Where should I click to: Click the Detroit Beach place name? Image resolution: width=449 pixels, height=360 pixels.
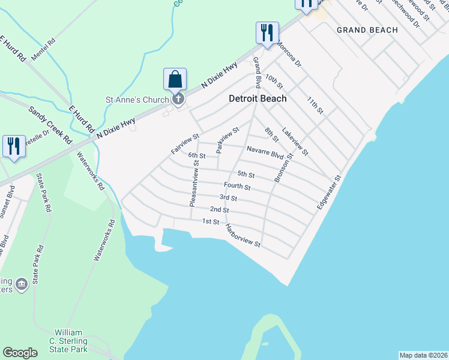(258, 98)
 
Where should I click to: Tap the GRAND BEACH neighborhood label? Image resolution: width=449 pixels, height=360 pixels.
(367, 30)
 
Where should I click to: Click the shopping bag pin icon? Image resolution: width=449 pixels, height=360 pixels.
(175, 79)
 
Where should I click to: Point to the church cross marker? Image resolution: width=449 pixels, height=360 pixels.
(177, 99)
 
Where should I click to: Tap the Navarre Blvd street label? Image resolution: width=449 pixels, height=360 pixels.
(265, 152)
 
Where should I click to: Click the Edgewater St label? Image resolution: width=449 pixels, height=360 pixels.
(328, 193)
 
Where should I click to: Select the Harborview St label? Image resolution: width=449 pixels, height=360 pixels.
(243, 236)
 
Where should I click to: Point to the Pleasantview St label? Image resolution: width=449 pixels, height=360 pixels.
(193, 184)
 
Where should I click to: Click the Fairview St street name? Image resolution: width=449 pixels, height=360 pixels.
(185, 145)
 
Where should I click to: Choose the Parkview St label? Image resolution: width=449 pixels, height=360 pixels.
(228, 139)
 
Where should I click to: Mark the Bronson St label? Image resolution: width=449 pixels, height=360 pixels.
(283, 168)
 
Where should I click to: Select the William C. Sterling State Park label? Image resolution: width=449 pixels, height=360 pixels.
(71, 341)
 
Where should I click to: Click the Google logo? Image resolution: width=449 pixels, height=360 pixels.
(20, 353)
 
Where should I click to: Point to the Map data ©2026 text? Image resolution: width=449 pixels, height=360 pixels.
(423, 355)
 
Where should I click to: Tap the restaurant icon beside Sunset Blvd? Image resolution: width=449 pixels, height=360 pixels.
(14, 146)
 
